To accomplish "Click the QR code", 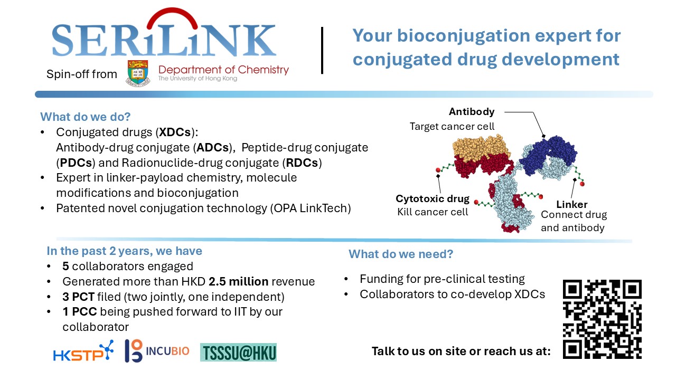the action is pos(602,319).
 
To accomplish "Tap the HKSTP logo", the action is pos(83,351).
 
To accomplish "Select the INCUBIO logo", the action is pos(157,351).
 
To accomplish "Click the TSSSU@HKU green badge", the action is pos(238,352).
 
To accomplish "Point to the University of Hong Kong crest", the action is pos(138,73).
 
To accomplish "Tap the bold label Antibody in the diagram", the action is pos(472,111).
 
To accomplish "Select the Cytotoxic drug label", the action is pos(433,199).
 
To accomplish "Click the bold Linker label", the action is pos(572,204).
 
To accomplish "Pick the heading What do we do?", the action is pos(86,117).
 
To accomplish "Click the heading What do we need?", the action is pos(401,254).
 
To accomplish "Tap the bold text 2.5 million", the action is pos(238,282).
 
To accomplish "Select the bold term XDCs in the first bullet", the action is pos(175,132).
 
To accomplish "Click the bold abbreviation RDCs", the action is pos(302,163).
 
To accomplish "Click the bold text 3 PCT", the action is pos(79,297).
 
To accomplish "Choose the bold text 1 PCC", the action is pos(80,312).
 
